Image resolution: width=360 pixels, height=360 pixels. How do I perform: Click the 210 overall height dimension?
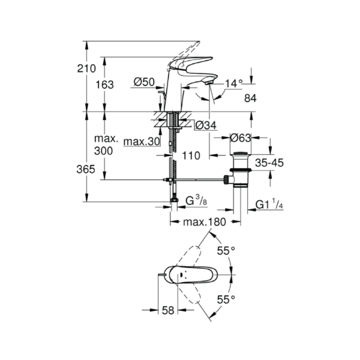86,68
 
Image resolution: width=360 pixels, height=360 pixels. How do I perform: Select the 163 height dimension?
104,85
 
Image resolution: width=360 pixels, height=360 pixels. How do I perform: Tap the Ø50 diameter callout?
144,82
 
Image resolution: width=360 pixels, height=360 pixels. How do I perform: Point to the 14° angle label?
233,83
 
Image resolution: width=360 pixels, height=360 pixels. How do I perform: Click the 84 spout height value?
250,98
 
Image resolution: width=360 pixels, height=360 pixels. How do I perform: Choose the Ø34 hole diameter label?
206,125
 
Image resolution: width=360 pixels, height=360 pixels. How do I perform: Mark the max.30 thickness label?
142,142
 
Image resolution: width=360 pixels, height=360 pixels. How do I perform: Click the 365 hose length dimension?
86,169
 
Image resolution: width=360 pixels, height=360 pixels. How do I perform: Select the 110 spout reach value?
191,156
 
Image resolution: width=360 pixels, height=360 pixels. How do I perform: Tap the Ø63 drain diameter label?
241,138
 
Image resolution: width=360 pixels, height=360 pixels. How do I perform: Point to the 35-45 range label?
269,163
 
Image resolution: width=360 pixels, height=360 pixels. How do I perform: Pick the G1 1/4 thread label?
269,204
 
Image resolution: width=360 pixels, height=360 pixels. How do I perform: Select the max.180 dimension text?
205,222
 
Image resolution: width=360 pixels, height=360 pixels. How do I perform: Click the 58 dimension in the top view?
168,310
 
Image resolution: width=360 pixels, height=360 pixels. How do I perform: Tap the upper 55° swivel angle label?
226,251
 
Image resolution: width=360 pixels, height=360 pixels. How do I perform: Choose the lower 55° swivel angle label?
226,299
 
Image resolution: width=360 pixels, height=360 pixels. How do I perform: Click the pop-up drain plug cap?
241,153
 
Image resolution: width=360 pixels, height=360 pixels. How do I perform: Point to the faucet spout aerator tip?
208,82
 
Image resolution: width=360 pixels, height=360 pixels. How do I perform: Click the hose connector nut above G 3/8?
175,199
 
